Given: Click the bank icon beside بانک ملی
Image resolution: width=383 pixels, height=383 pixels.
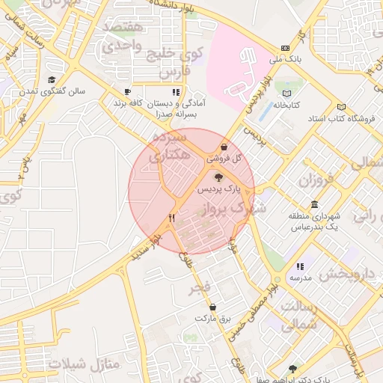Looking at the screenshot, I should tap(285, 46).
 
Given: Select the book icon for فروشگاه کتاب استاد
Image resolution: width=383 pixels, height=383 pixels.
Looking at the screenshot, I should tap(342, 107).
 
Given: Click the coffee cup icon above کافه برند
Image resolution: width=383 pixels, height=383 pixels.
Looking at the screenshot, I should tap(128, 91).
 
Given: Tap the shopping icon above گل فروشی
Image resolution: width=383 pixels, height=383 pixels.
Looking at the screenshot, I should tap(225, 147).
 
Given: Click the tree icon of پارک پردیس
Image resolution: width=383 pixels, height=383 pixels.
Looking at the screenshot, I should tap(218, 177).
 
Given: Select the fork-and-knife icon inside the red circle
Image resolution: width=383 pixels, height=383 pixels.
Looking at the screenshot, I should tap(172, 218).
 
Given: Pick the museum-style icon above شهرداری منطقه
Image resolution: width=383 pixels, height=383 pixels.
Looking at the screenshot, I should tap(313, 204).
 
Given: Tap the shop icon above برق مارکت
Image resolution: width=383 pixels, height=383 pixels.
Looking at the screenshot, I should tap(213, 307).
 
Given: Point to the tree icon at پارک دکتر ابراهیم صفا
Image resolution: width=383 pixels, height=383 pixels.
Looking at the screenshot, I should tap(292, 369).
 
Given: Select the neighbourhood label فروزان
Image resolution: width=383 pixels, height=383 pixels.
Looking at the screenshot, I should tap(314, 180).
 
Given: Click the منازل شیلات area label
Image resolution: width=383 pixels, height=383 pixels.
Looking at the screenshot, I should tap(83, 364).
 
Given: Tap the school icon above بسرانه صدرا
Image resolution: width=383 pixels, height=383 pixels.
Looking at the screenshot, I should tap(176, 92).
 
